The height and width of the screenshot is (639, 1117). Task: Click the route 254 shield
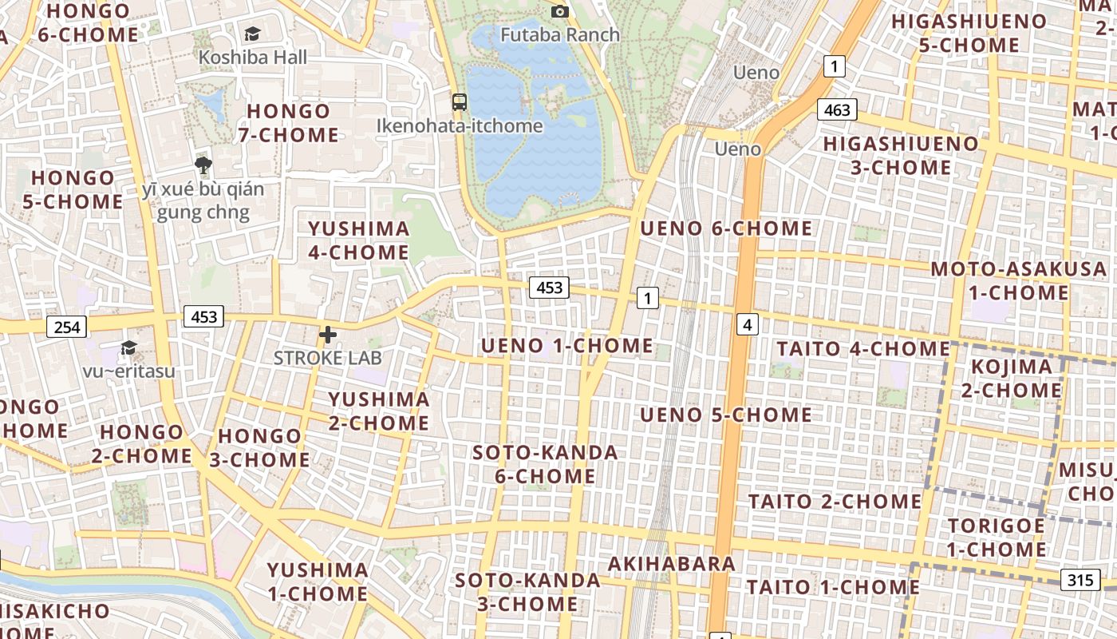click(x=67, y=326)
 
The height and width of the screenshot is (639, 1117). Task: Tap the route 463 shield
click(x=837, y=109)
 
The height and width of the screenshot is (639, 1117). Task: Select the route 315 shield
click(x=1080, y=579)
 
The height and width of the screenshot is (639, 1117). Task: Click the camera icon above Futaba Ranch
click(x=560, y=11)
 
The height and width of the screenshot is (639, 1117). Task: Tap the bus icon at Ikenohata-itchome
click(x=460, y=101)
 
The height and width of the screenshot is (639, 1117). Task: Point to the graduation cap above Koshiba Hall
click(x=252, y=34)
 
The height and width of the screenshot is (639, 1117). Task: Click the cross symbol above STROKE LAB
click(x=327, y=335)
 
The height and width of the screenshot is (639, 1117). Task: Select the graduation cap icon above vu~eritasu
click(x=128, y=347)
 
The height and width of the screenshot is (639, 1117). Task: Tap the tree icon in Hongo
click(x=203, y=165)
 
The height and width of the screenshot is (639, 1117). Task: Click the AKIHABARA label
click(x=672, y=564)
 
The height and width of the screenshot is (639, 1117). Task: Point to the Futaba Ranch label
click(x=560, y=34)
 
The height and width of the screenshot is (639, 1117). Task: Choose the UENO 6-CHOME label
click(x=726, y=228)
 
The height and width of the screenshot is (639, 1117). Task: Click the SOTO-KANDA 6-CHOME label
click(x=545, y=464)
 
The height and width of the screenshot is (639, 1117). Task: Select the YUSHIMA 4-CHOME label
click(x=358, y=240)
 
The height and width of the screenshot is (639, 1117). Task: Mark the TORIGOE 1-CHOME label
click(x=997, y=538)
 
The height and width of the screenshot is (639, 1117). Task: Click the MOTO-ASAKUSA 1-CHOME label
click(x=1019, y=280)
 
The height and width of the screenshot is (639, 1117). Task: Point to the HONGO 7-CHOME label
click(x=288, y=123)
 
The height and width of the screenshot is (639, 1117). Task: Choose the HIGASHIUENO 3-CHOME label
click(x=900, y=156)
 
